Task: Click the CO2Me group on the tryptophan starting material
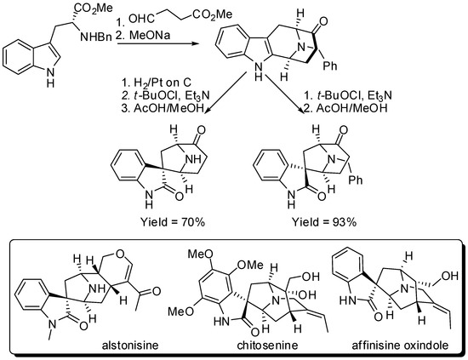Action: [x=95, y=11]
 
